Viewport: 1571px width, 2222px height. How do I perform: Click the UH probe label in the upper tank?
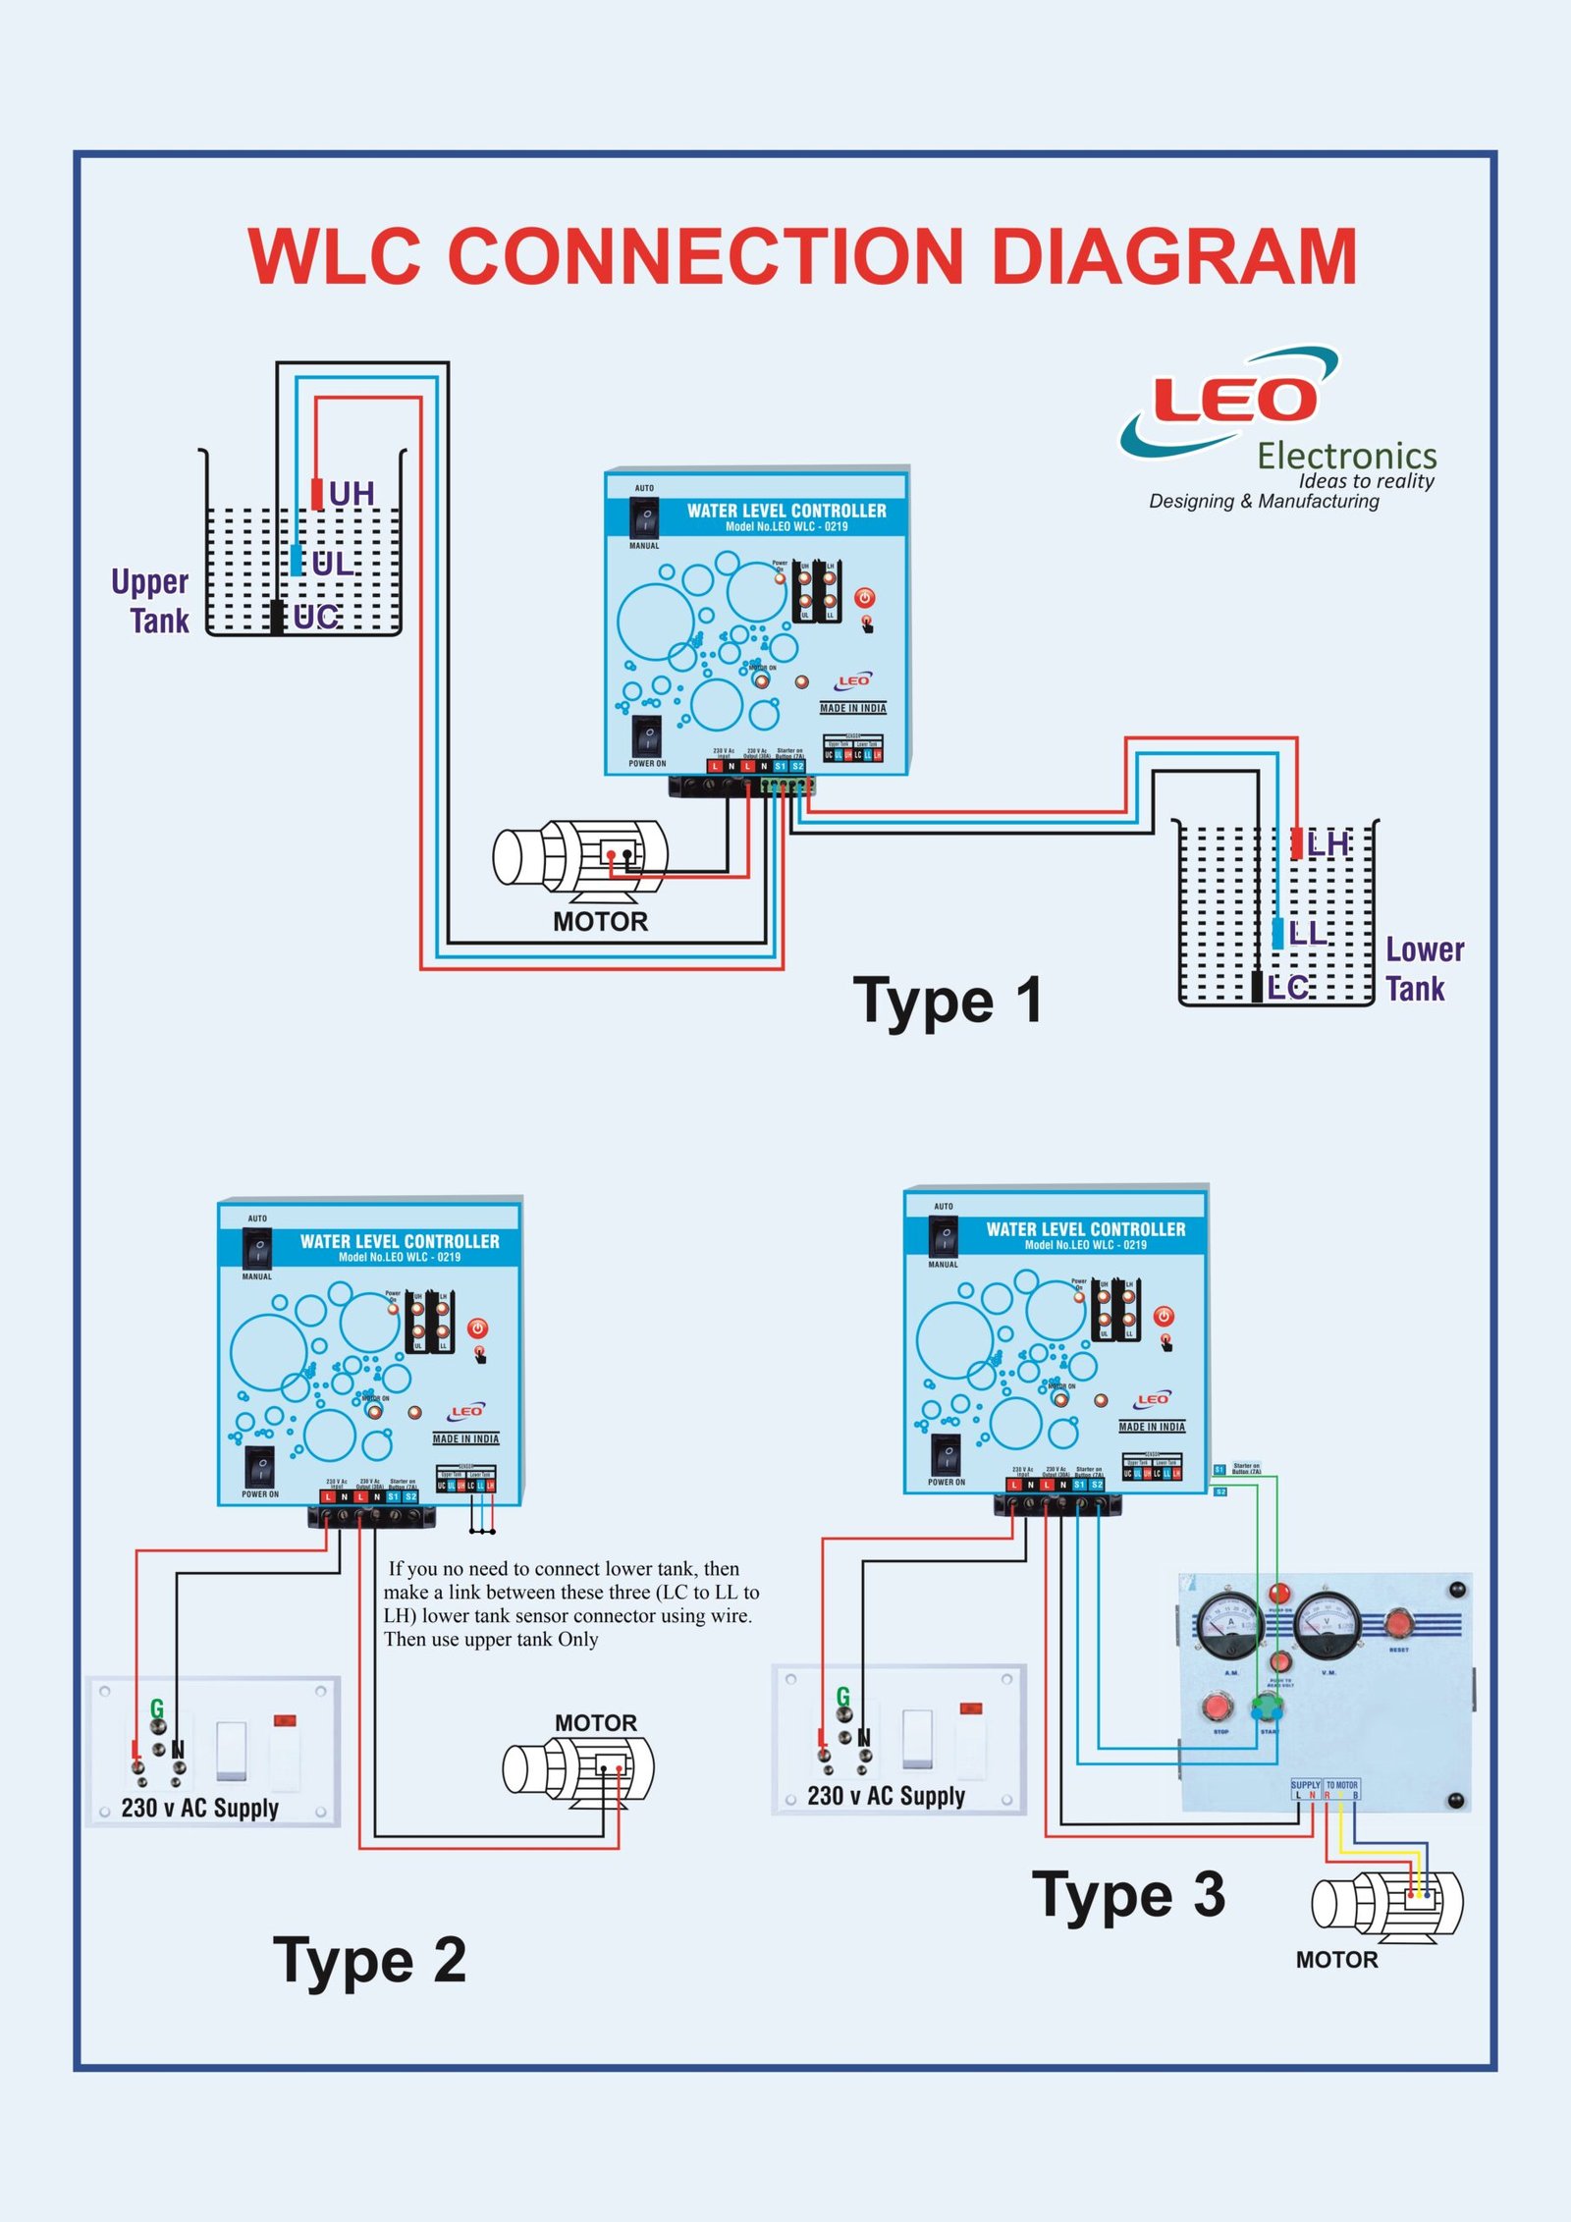352,493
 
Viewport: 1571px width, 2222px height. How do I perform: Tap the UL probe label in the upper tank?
332,564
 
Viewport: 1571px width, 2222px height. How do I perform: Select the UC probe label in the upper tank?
316,617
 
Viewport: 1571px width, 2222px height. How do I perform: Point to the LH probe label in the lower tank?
1327,843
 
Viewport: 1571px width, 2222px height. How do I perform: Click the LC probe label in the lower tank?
1287,987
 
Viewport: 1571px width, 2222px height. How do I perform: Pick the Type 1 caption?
948,1002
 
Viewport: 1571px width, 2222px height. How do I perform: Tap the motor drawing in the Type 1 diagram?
579,858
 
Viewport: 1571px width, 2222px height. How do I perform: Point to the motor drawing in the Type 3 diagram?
1386,1905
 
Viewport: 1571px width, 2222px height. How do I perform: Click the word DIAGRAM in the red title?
1174,256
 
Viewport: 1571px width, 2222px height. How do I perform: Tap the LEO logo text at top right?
1234,400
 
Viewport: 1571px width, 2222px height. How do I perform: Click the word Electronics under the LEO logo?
1347,456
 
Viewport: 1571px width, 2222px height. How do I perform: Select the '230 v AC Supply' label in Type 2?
200,1808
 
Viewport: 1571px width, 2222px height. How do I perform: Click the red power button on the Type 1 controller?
864,598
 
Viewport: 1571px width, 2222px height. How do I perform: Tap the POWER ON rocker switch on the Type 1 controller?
646,735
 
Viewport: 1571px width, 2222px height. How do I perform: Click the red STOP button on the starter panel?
1219,1706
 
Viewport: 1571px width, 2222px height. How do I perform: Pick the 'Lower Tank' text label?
1424,968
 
